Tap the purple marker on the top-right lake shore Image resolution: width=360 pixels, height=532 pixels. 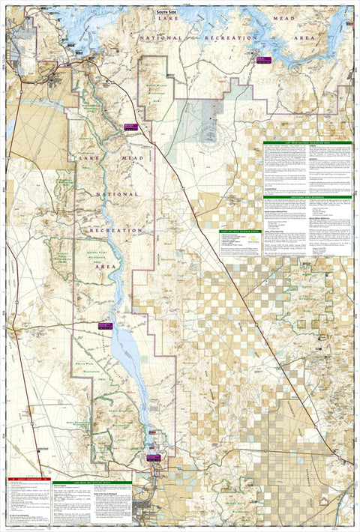pos(262,60)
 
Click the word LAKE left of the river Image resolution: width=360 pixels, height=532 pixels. pos(84,158)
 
